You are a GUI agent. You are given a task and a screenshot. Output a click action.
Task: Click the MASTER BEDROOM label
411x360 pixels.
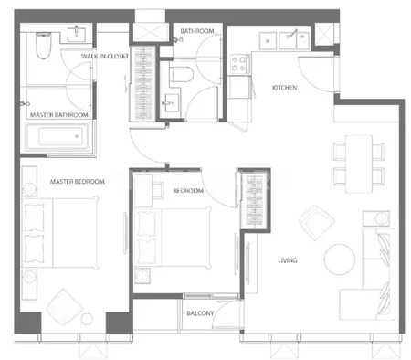78,182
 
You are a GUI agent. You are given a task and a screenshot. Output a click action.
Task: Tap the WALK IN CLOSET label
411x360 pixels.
105,56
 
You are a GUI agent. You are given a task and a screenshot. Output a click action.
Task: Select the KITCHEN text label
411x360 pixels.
284,88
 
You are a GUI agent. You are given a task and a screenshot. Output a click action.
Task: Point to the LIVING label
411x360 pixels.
288,260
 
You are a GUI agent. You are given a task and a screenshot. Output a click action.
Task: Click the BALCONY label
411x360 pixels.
200,313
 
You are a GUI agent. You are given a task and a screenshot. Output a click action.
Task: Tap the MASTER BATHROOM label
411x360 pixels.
59,115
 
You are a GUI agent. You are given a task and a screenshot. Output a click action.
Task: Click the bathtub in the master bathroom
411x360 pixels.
58,136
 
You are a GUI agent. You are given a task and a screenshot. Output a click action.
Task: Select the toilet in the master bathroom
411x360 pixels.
43,46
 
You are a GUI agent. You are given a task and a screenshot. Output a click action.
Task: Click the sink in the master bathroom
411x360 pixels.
76,34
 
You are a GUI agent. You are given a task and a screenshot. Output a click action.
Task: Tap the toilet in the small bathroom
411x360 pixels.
182,75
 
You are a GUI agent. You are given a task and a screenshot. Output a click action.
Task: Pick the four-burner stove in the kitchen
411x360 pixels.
240,64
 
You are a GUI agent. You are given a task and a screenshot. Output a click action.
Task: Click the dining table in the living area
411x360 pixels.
359,164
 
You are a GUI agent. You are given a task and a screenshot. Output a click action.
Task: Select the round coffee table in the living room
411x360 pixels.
340,259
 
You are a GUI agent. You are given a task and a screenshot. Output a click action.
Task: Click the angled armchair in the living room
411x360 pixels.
317,223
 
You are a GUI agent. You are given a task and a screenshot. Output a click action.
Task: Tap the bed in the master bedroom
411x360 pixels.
59,233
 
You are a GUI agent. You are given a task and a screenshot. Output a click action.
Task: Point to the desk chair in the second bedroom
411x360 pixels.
158,190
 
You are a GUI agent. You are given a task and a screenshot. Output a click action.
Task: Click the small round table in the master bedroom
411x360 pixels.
87,319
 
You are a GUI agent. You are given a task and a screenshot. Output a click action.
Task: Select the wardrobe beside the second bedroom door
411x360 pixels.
254,200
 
